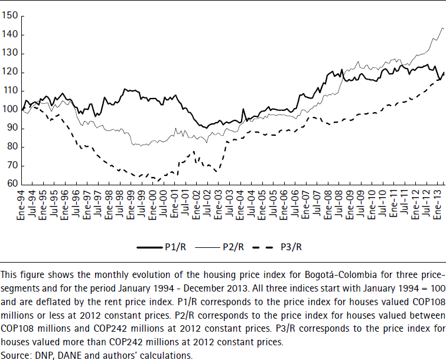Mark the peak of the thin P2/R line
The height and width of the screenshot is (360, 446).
441,28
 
